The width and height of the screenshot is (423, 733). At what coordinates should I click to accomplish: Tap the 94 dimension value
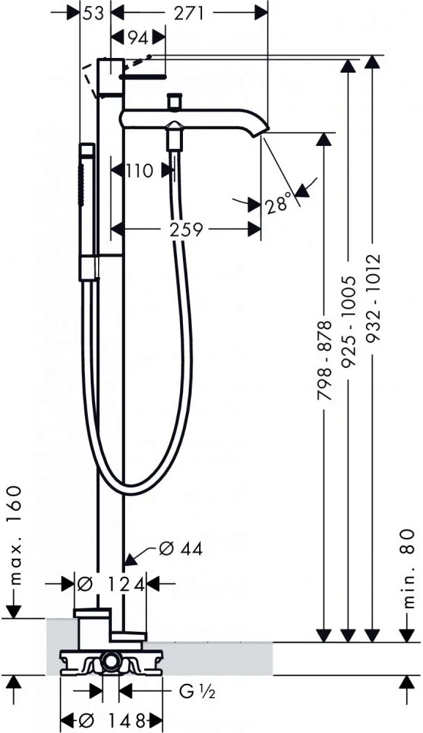[x=138, y=38]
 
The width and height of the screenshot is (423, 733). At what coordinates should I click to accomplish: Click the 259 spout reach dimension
[x=186, y=229]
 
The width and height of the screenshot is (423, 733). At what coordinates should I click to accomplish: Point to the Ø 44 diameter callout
[x=181, y=548]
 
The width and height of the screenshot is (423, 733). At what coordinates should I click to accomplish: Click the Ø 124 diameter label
[x=111, y=584]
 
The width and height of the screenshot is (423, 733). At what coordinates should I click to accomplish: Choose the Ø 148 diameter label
[x=111, y=718]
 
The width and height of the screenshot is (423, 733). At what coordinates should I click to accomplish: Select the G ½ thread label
[x=197, y=691]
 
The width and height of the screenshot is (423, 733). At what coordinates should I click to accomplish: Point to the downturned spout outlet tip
[x=263, y=131]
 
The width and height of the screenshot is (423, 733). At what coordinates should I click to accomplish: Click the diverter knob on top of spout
[x=175, y=100]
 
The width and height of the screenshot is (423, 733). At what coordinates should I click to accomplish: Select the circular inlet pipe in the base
[x=111, y=660]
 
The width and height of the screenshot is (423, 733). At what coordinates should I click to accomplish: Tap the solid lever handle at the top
[x=143, y=75]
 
